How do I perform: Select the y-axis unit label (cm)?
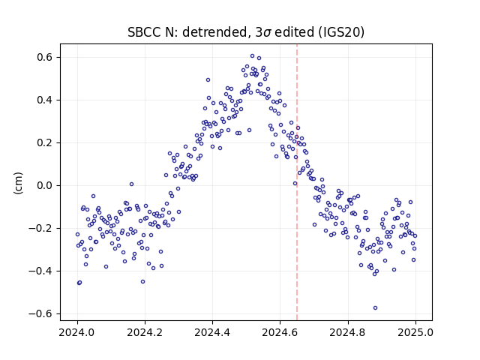18,183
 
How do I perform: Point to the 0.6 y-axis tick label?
45,58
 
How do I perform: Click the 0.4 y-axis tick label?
45,100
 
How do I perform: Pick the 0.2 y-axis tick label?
45,143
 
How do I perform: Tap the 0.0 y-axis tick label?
45,185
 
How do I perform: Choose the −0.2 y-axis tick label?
41,228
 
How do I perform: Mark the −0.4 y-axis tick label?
41,271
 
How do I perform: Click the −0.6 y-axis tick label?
41,313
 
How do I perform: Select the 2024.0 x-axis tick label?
77,332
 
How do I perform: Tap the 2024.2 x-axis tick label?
145,332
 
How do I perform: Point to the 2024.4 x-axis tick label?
212,332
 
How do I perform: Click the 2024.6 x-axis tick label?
280,332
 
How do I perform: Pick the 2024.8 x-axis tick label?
348,332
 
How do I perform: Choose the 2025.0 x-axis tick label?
415,332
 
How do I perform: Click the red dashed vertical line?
297,182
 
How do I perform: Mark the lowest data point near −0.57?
375,307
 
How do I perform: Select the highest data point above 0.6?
252,56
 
